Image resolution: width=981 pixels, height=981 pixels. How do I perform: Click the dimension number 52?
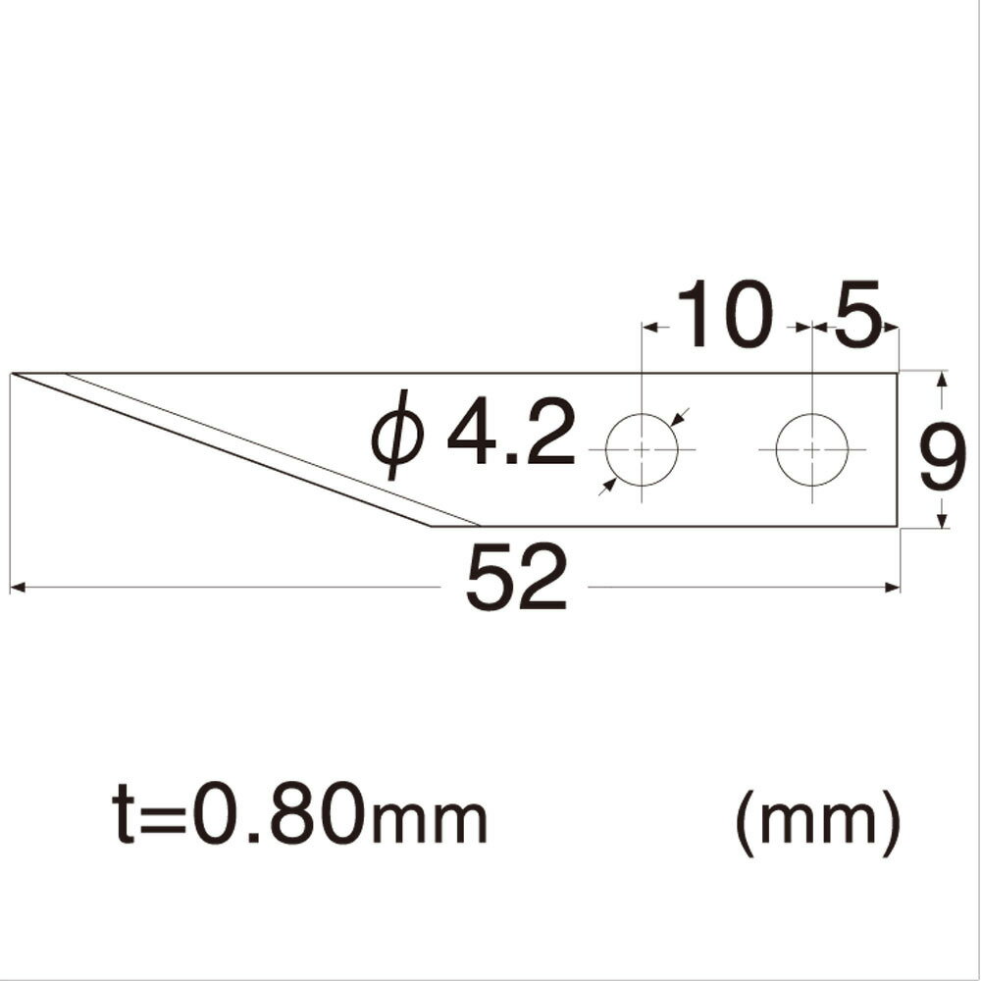pos(517,580)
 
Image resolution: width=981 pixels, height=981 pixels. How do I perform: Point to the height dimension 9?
pos(944,453)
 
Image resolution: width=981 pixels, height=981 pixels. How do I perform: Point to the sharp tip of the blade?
pos(14,374)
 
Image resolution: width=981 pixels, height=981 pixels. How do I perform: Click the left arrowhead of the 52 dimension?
pos(16,588)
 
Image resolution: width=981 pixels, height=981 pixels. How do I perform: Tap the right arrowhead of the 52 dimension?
pos(894,588)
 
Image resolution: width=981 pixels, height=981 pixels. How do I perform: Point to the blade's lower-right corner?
pos(898,527)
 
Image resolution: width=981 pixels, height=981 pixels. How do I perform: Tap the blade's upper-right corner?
pos(898,374)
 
